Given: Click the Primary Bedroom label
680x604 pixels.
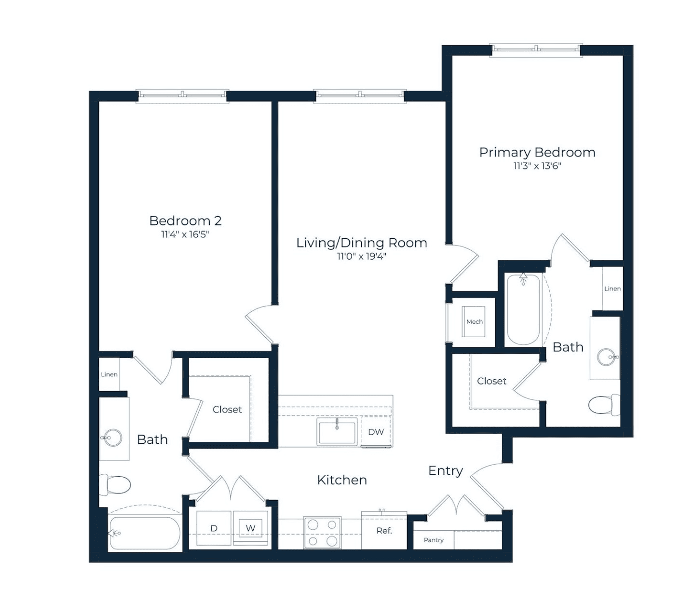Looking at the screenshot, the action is coord(537,152).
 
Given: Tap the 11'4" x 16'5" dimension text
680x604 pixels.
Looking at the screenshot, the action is coord(185,234).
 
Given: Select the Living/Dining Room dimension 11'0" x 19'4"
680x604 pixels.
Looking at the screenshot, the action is coord(362,257).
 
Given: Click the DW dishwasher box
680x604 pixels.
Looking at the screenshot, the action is coord(376,431).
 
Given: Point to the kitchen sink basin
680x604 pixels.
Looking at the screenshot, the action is coord(337,432).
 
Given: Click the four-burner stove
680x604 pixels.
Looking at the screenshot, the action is coord(322,533).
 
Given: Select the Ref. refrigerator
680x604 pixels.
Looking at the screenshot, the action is coord(384,531).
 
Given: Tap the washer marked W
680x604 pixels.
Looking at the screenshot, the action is coord(250,529).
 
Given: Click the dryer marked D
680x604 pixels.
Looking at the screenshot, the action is coord(214,528).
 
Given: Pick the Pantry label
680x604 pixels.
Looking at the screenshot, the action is coord(434,540).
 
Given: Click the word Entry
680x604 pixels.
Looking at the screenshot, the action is coord(446,471).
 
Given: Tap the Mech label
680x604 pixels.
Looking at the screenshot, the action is coord(474,322).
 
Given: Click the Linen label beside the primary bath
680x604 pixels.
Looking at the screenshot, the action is coord(612,288).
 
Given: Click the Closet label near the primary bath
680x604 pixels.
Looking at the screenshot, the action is coord(491,381).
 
